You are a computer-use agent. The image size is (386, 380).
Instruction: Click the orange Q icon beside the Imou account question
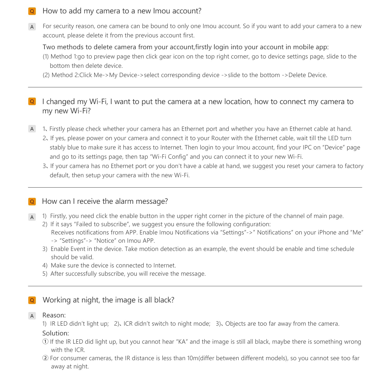coord(32,11)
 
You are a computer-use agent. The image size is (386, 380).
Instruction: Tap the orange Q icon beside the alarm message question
coord(32,201)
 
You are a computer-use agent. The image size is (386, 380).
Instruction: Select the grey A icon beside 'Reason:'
coord(32,316)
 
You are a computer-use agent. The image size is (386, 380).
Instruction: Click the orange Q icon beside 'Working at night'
coord(32,300)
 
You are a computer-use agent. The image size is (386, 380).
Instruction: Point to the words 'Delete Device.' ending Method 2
coord(308,75)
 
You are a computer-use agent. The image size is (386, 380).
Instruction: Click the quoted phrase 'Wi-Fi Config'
coord(169,157)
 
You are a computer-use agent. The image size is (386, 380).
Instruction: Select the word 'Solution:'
coord(56,333)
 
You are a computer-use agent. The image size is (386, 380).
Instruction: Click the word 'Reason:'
coord(54,315)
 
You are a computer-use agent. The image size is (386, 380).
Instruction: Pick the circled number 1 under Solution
coord(45,342)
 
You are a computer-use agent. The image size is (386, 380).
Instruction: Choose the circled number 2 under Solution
coord(45,358)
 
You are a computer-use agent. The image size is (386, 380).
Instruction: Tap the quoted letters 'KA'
coord(182,342)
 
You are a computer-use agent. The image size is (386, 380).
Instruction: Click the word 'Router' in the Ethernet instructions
coord(220,138)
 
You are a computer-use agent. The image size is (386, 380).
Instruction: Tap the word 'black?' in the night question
coord(164,300)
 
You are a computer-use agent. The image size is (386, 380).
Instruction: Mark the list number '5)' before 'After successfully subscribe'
coord(45,274)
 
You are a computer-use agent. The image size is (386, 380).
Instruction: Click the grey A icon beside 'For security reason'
coord(32,27)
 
